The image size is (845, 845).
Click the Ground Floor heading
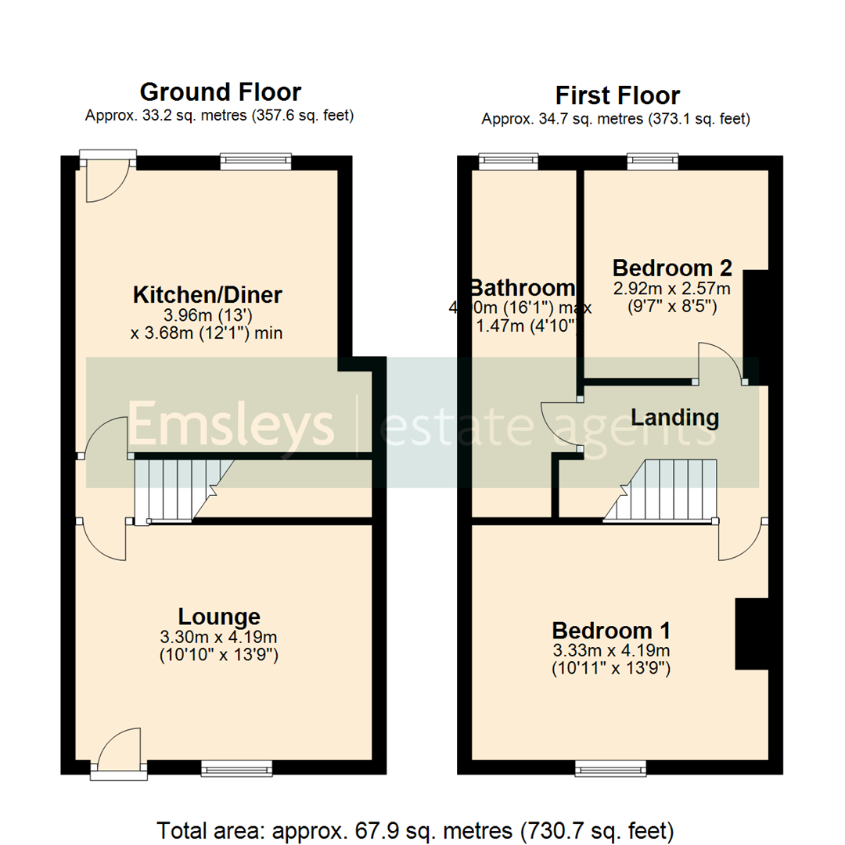pos(220,92)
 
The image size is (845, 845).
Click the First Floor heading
pos(617,95)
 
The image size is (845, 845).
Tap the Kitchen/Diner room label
pos(207,296)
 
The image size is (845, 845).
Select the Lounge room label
pos(219,616)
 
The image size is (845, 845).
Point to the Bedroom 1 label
pos(611,631)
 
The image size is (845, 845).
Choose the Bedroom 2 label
pos(672,268)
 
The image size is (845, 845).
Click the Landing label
pos(674,418)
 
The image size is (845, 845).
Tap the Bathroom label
pos(521,287)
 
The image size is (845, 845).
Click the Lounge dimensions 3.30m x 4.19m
pos(219,636)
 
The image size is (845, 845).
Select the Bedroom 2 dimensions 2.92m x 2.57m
pos(672,289)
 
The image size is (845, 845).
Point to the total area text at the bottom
pos(415,829)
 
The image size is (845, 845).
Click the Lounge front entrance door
pos(117,753)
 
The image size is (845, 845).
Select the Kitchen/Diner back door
pos(108,178)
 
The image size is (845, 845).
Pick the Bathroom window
pos(509,162)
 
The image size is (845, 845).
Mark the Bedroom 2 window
pos(653,162)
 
